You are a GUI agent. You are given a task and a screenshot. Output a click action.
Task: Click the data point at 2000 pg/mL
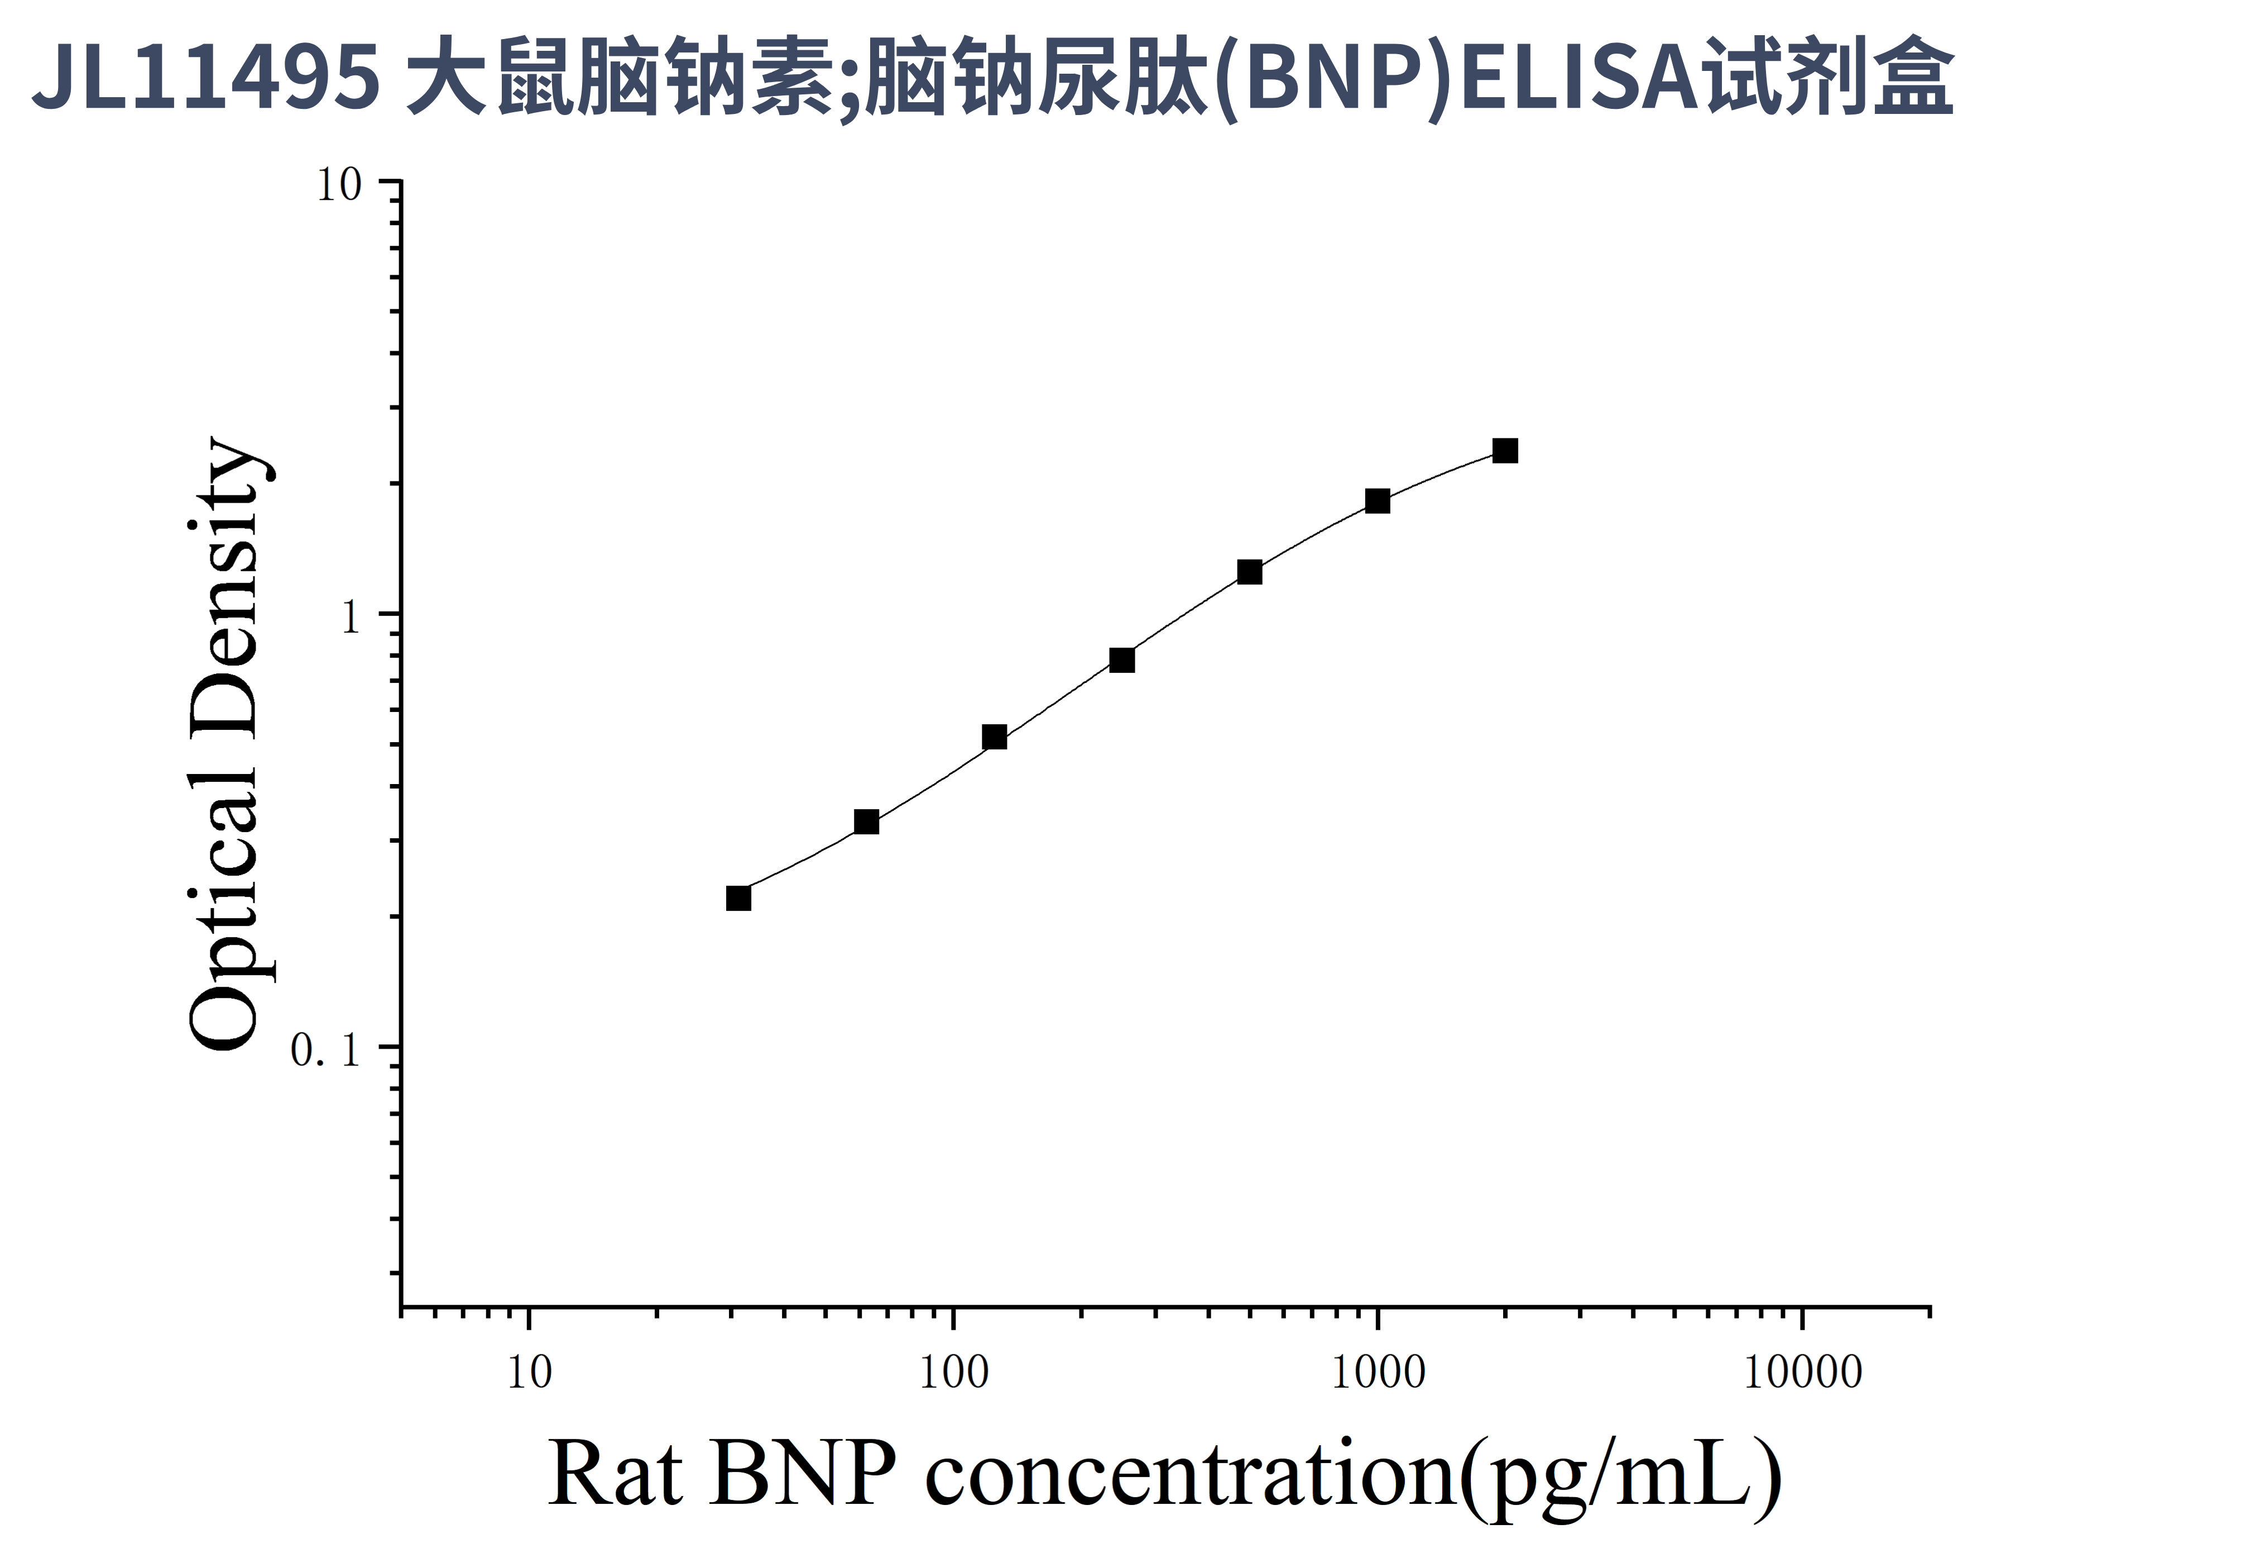coord(1505,451)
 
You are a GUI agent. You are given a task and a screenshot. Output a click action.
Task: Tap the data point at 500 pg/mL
coord(1249,572)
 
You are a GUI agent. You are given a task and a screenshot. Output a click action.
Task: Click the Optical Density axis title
coord(224,744)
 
